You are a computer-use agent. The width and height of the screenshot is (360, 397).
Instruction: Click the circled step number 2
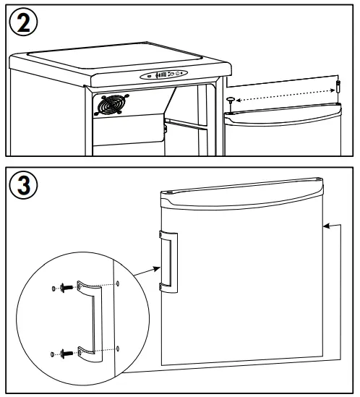point(23,22)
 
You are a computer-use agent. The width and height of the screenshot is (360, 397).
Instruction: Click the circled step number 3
point(23,185)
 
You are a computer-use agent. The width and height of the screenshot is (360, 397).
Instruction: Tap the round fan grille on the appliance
point(111,105)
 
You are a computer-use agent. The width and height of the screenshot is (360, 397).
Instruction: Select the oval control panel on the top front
point(164,74)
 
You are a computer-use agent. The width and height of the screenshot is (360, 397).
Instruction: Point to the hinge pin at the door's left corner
point(231,103)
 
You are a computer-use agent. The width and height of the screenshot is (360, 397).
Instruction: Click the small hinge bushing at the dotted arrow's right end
point(338,86)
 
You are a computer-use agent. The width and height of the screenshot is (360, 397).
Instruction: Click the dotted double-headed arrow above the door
point(286,95)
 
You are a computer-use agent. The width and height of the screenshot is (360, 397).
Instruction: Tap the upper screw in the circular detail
point(67,288)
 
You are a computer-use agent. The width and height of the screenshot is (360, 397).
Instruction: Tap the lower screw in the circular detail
point(67,353)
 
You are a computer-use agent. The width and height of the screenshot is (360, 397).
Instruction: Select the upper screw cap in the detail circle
point(53,289)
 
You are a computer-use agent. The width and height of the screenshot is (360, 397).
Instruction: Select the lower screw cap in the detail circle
point(53,354)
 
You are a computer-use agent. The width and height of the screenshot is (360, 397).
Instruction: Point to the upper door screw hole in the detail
point(118,283)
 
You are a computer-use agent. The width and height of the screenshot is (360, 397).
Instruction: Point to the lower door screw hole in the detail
point(118,349)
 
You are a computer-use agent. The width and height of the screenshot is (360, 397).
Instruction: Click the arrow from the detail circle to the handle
point(147,272)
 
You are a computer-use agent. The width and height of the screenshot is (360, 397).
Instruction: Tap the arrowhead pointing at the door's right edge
point(327,226)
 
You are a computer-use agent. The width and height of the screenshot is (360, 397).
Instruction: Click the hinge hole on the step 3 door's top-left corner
point(170,192)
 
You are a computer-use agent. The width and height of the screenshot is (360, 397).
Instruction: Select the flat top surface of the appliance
point(114,56)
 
